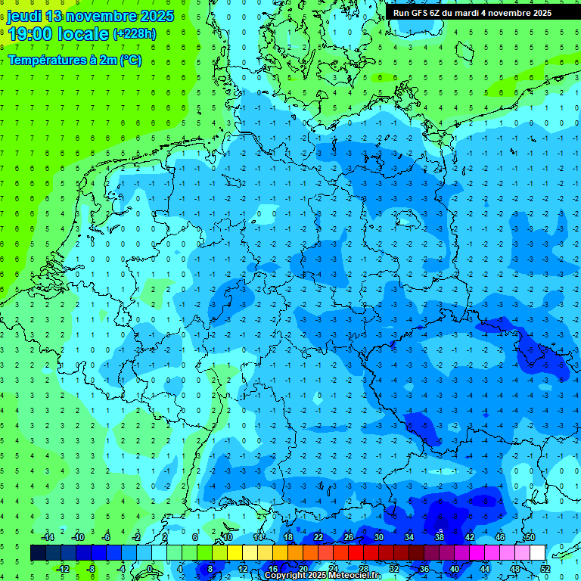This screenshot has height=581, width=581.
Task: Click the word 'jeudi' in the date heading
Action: click(x=23, y=16)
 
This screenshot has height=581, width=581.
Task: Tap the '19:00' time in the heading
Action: click(x=30, y=34)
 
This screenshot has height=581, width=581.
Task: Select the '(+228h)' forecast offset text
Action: click(x=135, y=34)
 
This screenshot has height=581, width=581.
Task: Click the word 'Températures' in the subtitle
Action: click(x=39, y=60)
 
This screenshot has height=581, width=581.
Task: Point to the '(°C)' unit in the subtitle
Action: click(x=128, y=60)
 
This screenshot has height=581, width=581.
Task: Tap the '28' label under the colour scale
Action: click(x=363, y=569)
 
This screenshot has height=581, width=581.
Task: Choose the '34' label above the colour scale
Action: click(x=409, y=537)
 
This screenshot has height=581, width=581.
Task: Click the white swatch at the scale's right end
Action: click(x=537, y=553)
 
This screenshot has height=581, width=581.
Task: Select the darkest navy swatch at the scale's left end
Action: click(x=38, y=553)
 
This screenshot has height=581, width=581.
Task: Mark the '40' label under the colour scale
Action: click(x=454, y=569)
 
